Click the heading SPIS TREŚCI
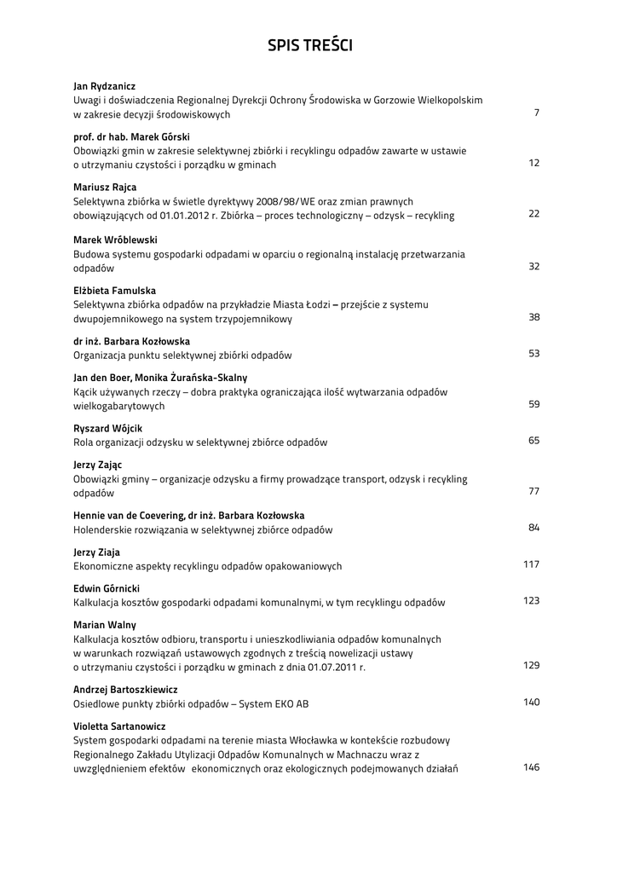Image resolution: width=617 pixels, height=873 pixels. [x=309, y=45]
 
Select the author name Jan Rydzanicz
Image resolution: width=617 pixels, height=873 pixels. [x=104, y=86]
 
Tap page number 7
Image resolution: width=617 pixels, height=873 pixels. [x=536, y=113]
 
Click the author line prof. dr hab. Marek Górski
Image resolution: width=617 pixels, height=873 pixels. [x=131, y=136]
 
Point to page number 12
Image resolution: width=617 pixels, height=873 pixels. [x=533, y=163]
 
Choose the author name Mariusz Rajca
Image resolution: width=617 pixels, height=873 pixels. [x=105, y=188]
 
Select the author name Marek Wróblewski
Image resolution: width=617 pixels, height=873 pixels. [x=115, y=240]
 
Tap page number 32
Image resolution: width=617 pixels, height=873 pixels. [x=533, y=267]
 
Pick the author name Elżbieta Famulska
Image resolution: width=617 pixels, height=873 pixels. [x=114, y=291]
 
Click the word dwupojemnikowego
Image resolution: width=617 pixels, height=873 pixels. [x=117, y=319]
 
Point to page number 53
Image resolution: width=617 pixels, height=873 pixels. [x=533, y=354]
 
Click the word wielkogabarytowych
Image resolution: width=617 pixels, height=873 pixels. [x=119, y=406]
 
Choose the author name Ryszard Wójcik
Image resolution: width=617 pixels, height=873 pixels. [x=108, y=428]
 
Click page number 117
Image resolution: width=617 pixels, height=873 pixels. [x=531, y=564]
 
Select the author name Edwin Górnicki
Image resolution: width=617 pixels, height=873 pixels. [x=107, y=588]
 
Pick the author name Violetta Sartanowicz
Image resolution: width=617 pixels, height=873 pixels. [x=119, y=726]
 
